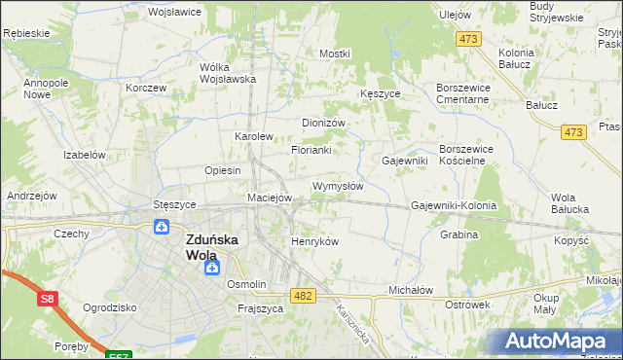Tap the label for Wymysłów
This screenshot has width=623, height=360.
pyautogui.click(x=338, y=186)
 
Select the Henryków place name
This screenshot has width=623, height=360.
pyautogui.click(x=314, y=241)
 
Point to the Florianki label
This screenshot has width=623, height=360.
pyautogui.click(x=311, y=150)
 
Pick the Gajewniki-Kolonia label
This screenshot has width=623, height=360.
pyautogui.click(x=454, y=206)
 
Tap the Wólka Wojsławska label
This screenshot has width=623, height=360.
pyautogui.click(x=227, y=73)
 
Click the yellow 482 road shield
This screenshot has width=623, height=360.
pyautogui.click(x=303, y=295)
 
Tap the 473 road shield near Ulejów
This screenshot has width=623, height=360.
pyautogui.click(x=470, y=39)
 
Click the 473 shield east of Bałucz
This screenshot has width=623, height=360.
pyautogui.click(x=573, y=131)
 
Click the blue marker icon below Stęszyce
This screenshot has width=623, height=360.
pyautogui.click(x=163, y=227)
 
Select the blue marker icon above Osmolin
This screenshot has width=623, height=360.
pyautogui.click(x=211, y=266)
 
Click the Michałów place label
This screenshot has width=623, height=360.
pyautogui.click(x=410, y=290)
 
